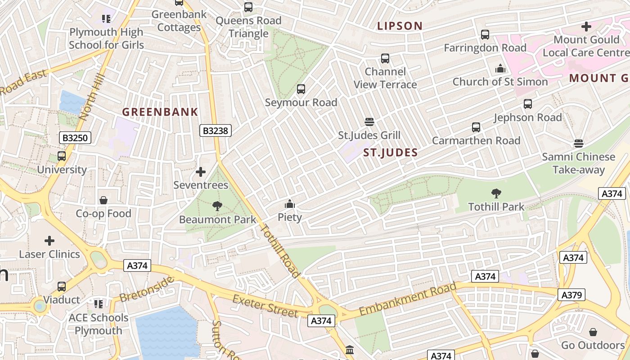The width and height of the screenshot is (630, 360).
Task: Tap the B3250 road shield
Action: [75, 138]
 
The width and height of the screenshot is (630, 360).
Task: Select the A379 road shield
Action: [572, 295]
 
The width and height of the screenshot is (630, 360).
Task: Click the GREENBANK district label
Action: [160, 112]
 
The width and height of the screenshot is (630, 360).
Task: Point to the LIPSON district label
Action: [400, 26]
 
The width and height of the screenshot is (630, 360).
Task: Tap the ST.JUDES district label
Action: [390, 153]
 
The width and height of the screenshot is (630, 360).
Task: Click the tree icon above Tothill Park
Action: [496, 193]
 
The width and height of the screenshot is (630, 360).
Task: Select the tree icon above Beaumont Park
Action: [217, 206]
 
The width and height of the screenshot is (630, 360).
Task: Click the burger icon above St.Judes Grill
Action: [369, 122]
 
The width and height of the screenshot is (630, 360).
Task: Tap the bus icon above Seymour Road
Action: [301, 89]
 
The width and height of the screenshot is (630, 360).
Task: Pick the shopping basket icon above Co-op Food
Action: [103, 200]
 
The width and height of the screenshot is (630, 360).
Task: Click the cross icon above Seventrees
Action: [201, 172]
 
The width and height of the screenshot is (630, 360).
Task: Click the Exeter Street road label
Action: [265, 306]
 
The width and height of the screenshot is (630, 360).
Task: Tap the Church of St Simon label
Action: [500, 82]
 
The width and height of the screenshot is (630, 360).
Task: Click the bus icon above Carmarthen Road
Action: [476, 127]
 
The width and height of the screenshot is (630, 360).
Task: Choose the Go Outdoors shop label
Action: [593, 345]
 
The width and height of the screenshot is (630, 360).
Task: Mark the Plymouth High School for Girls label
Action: [106, 39]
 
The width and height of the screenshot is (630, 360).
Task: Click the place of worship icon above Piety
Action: [290, 204]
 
